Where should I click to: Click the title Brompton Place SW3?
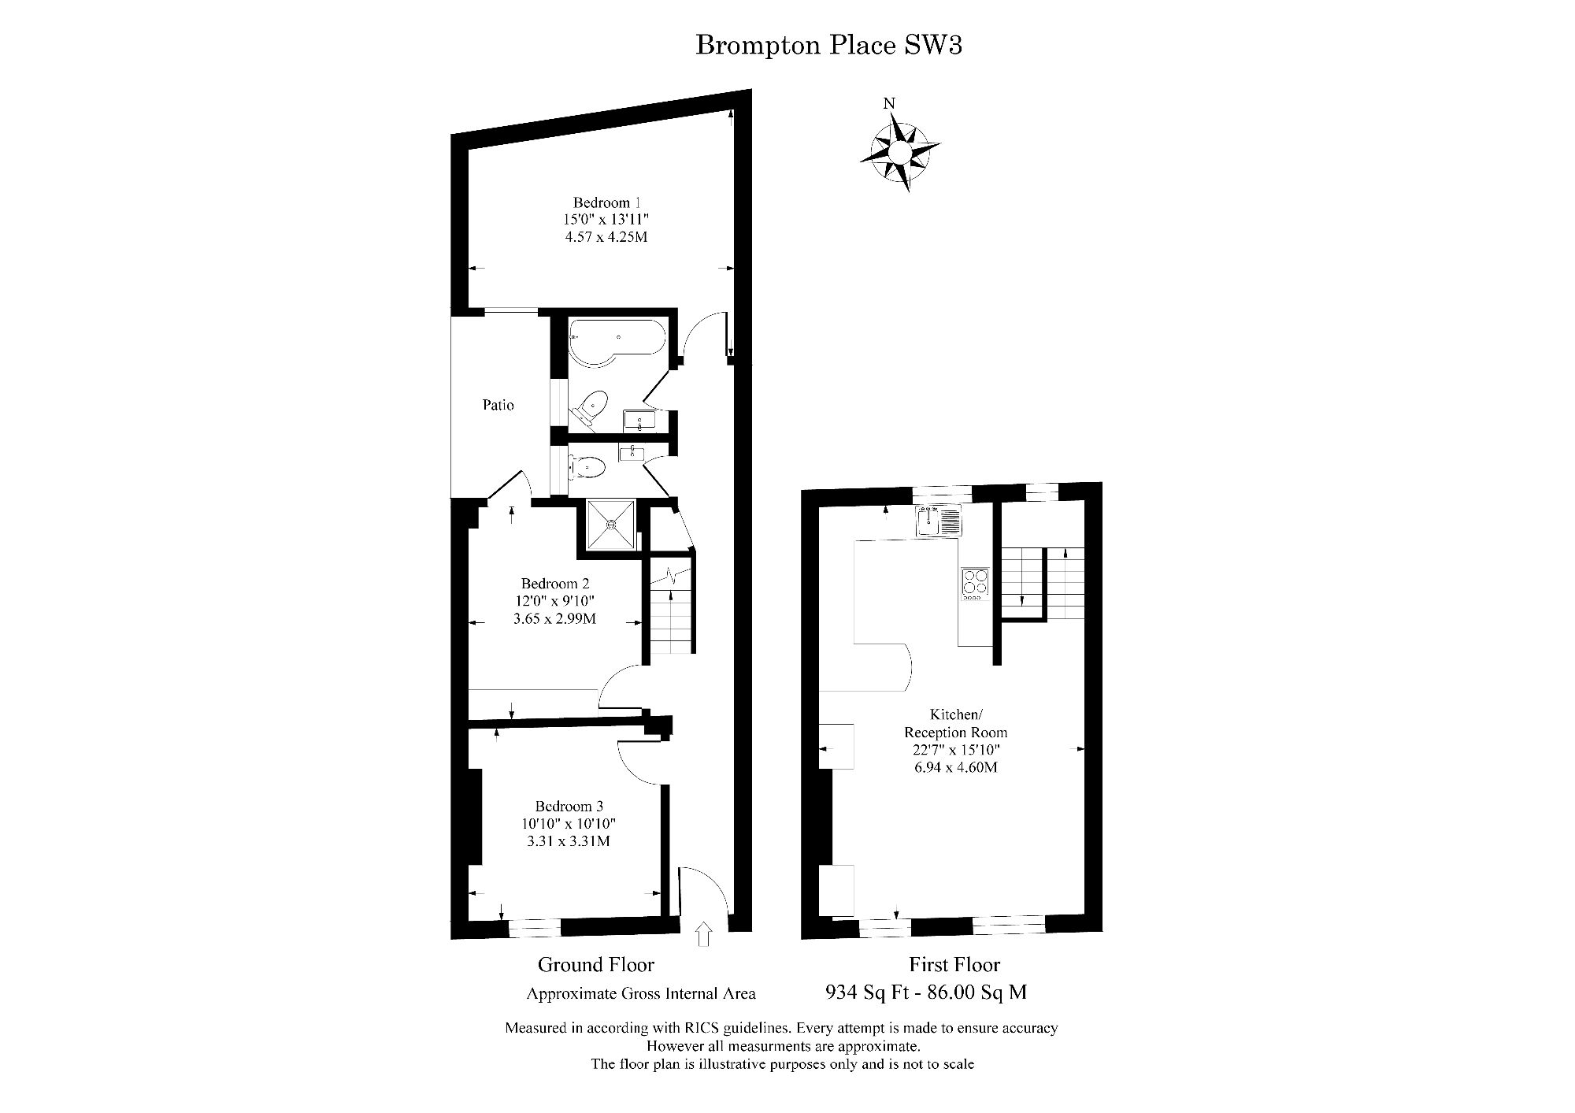tap(828, 45)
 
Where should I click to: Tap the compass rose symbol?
tap(900, 151)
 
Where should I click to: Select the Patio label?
tap(498, 405)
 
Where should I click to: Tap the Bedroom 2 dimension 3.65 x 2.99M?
tap(554, 618)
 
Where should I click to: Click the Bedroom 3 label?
tap(569, 806)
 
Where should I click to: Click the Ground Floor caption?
tap(596, 964)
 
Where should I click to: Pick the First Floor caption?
tap(954, 964)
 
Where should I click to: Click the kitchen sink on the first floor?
tap(938, 521)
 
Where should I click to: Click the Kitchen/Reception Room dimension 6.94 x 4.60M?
tap(956, 766)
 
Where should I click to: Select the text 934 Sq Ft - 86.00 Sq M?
tap(925, 992)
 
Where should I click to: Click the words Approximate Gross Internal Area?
tap(641, 993)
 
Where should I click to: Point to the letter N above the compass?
tap(889, 103)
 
